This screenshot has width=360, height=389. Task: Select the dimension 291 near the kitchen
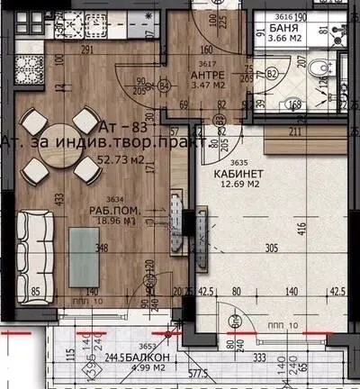(x=87, y=51)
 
